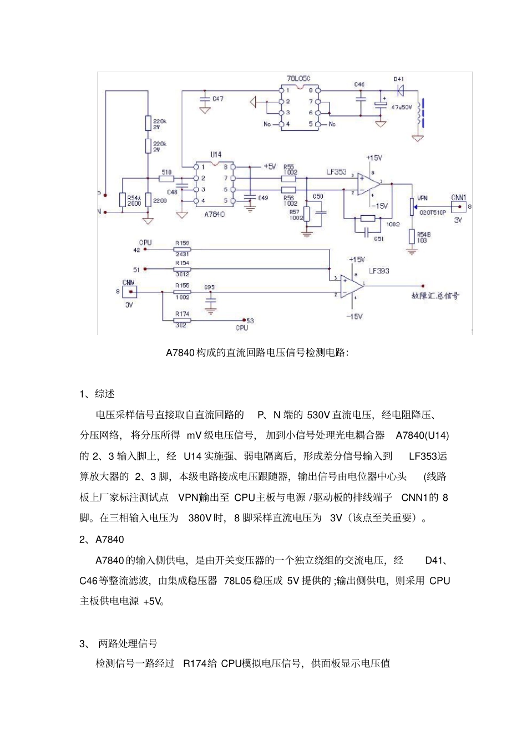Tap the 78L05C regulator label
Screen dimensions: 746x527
[298, 79]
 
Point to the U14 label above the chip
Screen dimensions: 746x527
[216, 155]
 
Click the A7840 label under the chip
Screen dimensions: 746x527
[214, 214]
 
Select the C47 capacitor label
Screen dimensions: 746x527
[218, 99]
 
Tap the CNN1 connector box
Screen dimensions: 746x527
[458, 206]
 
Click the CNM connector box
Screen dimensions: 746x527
[129, 292]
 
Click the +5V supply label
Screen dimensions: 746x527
[270, 166]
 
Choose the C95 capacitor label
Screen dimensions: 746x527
[209, 287]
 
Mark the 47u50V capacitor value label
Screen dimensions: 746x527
[402, 108]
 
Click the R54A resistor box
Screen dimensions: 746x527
[123, 200]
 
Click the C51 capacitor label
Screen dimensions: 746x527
[378, 239]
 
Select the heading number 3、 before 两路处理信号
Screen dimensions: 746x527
[85, 643]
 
